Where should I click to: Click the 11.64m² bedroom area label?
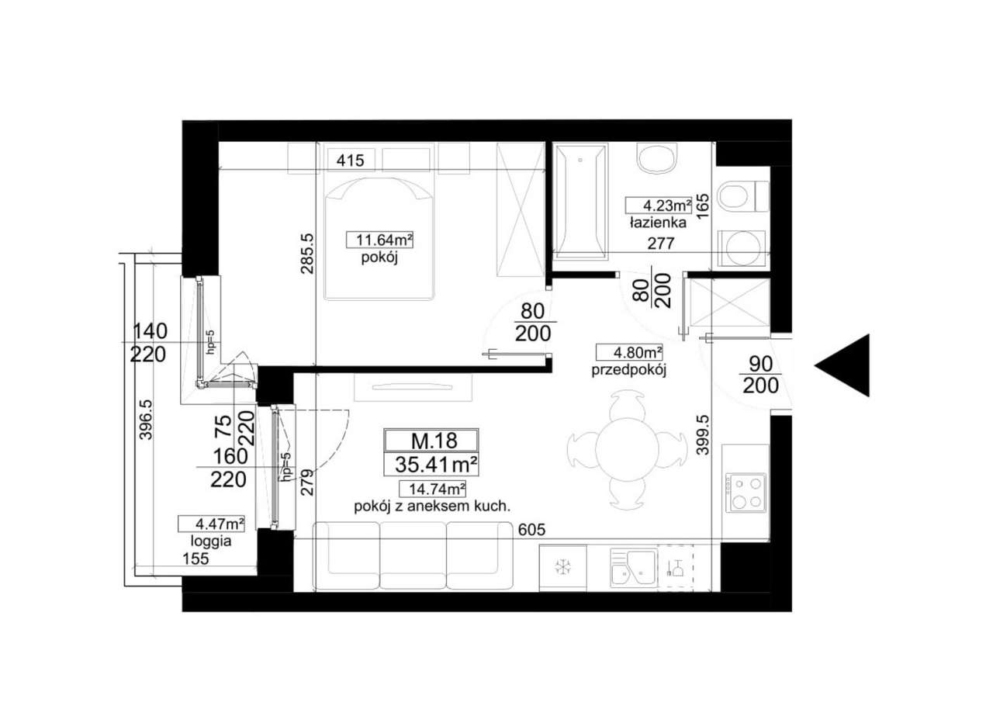point(379,240)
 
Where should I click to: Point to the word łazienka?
point(657,223)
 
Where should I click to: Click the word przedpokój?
point(629,370)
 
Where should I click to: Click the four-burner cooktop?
point(746,493)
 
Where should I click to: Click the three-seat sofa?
point(413,555)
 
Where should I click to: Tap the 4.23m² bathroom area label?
point(658,206)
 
